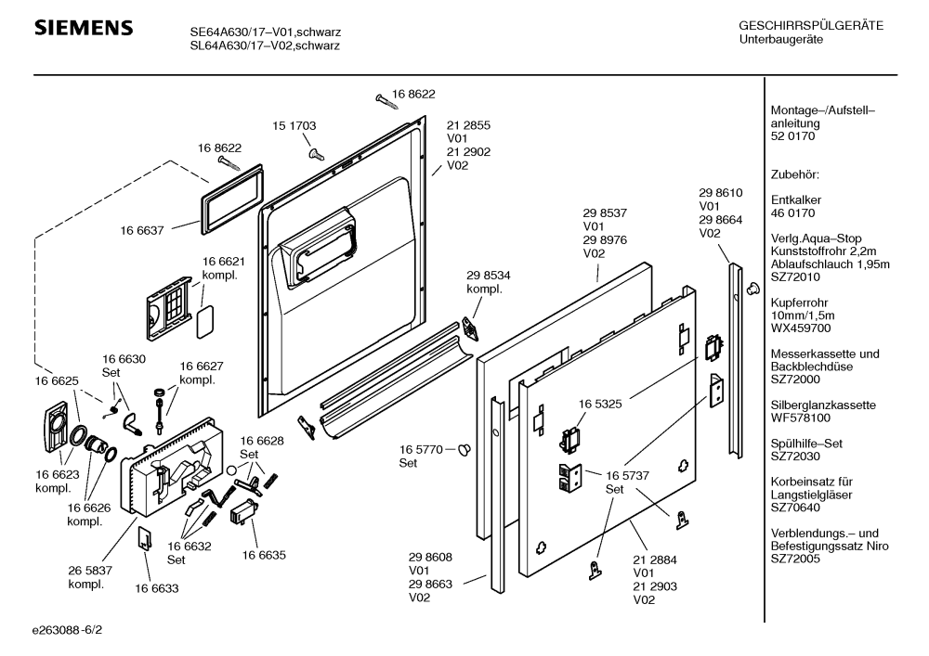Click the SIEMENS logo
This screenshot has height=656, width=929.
coord(83,30)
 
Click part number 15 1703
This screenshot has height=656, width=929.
coord(294,125)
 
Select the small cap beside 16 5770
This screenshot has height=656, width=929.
coord(465,449)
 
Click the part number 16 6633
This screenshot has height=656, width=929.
coord(157,587)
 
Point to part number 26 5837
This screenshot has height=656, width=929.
coord(90,572)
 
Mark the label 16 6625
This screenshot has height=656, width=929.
coord(56,380)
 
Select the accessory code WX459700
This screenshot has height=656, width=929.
coord(800,328)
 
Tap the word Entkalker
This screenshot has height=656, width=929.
coord(796,200)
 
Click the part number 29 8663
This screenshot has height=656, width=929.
coord(430,585)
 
